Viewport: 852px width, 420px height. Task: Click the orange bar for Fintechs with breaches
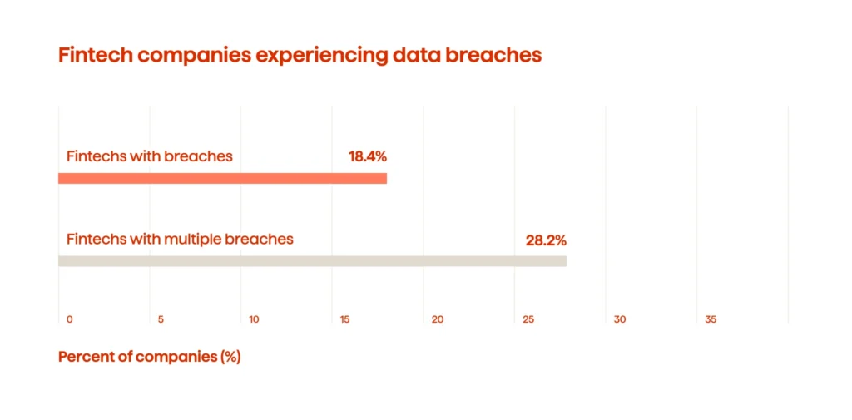pyautogui.click(x=222, y=178)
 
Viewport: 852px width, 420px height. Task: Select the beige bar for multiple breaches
pyautogui.click(x=312, y=261)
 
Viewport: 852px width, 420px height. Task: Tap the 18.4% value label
pyautogui.click(x=368, y=156)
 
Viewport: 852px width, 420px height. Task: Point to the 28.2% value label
pyautogui.click(x=546, y=240)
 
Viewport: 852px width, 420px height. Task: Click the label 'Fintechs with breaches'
pyautogui.click(x=149, y=156)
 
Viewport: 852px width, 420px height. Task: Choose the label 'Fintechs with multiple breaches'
pyautogui.click(x=180, y=240)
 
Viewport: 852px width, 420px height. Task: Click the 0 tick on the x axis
pyautogui.click(x=70, y=319)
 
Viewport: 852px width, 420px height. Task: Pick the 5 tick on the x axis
pyautogui.click(x=161, y=319)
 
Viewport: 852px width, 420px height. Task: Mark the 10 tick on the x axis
pyautogui.click(x=254, y=319)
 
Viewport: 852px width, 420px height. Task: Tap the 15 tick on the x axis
pyautogui.click(x=344, y=319)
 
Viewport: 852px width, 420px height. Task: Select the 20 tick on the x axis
pyautogui.click(x=438, y=319)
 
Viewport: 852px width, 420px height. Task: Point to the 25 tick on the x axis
pyautogui.click(x=528, y=319)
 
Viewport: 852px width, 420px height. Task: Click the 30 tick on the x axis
pyautogui.click(x=619, y=319)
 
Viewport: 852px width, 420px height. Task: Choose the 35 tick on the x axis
pyautogui.click(x=711, y=319)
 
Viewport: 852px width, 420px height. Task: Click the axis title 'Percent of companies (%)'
pyautogui.click(x=149, y=357)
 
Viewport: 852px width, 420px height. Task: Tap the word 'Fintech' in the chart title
pyautogui.click(x=95, y=56)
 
